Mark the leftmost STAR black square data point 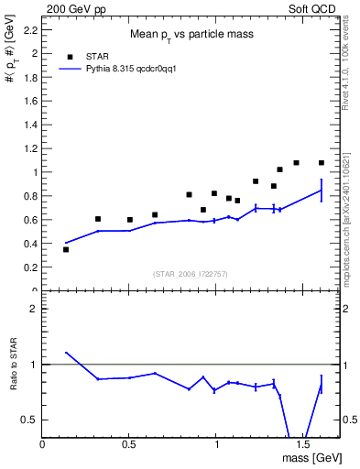coord(66,249)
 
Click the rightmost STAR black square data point coord(322,163)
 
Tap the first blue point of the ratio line coord(66,353)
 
